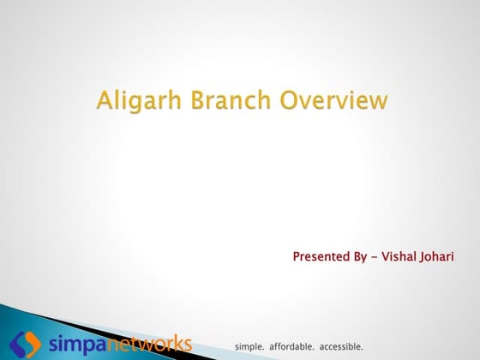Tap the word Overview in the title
click(334, 100)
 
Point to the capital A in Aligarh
click(105, 100)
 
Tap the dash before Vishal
click(378, 256)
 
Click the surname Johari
click(436, 256)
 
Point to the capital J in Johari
click(423, 256)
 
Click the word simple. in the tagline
click(250, 346)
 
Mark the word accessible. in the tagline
click(341, 346)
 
